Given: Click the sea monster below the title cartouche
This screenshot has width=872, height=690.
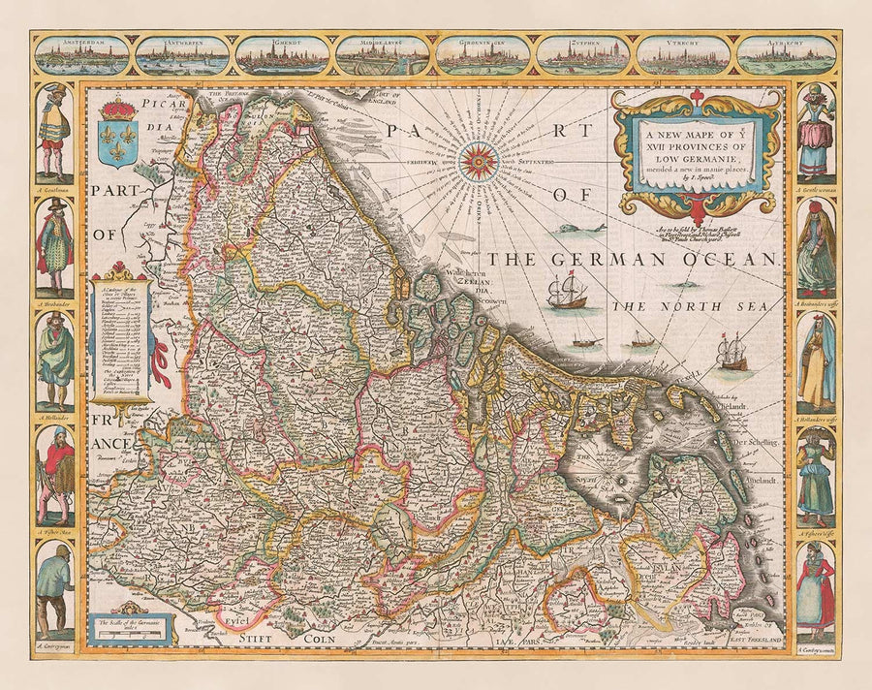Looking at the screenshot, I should click(x=579, y=229).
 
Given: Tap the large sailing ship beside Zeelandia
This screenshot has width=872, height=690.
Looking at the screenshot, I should click(x=566, y=294).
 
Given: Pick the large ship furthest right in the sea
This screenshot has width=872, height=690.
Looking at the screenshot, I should click(x=733, y=352).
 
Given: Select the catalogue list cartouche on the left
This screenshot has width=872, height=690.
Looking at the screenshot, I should click(x=120, y=334).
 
